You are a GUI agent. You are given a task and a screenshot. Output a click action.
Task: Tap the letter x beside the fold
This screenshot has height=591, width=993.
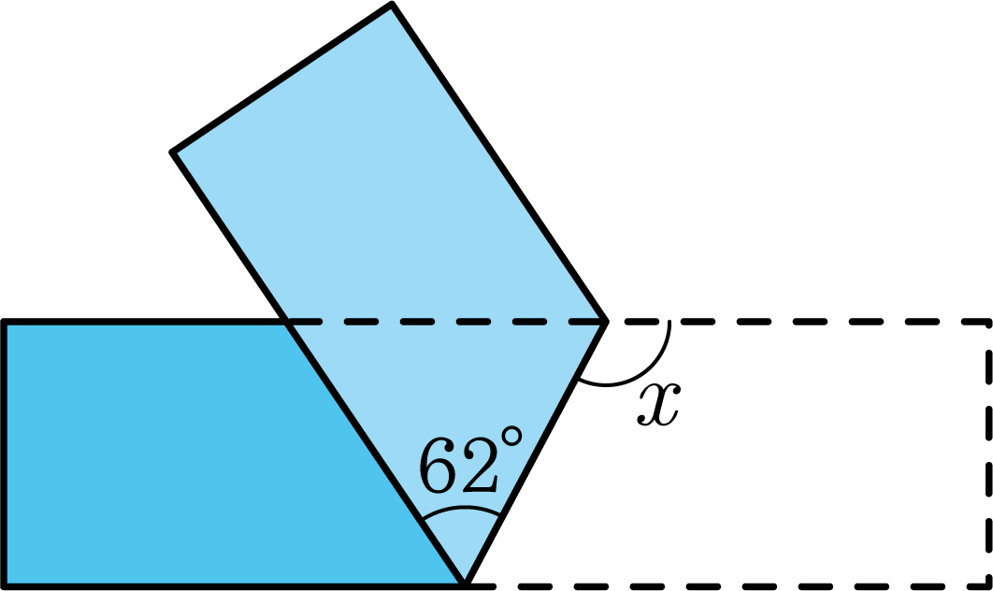pos(658,404)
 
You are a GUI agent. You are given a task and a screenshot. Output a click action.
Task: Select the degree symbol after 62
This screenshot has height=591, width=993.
pos(511,436)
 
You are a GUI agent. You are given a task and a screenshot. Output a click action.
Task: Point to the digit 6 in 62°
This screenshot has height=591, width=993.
pos(438,466)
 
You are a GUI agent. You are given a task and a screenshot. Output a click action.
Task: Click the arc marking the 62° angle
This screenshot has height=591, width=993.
pos(463,508)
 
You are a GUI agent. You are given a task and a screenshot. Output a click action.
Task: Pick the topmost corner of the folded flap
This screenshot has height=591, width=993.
pos(392,5)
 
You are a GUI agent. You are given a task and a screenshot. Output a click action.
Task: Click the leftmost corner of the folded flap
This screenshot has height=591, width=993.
pos(172,152)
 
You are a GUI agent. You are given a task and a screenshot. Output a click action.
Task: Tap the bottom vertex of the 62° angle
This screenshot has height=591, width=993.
pos(465,584)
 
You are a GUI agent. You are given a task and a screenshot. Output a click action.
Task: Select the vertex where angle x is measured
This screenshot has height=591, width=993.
pos(605,322)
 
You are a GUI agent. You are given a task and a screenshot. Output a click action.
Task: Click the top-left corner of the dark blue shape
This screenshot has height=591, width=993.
pos(5,323)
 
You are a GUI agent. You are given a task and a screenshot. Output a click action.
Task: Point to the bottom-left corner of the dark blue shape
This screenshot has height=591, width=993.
pos(5,585)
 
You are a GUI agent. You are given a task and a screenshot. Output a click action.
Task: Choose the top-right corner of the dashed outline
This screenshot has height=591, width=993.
pos(988,323)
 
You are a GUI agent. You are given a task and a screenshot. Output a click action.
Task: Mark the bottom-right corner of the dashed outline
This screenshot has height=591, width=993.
pos(988,585)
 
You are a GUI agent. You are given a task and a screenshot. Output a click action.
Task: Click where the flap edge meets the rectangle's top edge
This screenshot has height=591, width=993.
pos(286,323)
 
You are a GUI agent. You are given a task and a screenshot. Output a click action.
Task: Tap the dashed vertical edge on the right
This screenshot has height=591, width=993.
pos(988,454)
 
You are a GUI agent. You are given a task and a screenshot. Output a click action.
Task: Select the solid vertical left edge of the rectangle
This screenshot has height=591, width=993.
pos(5,454)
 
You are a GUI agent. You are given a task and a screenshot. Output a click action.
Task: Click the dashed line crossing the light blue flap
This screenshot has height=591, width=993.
pos(446,323)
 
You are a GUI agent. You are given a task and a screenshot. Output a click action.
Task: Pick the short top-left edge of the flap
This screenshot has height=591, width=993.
pos(281,78)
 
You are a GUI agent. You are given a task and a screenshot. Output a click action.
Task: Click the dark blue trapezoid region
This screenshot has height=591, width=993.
pos(190,454)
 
